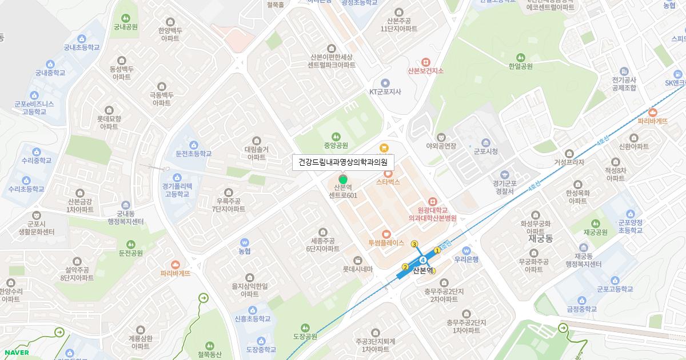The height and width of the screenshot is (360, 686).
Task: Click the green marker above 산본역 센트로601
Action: [x=343, y=181]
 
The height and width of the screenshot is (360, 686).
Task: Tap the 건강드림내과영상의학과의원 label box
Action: [x=343, y=163]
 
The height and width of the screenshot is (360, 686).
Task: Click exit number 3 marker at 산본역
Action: [x=414, y=243]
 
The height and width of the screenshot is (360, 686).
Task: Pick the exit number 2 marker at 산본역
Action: [x=405, y=267]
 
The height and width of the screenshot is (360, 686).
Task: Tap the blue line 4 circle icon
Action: [x=423, y=261]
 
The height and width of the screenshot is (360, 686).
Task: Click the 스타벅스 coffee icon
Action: [x=388, y=173]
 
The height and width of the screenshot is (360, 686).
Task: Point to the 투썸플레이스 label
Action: [x=386, y=243]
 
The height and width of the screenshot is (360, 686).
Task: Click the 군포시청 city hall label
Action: [x=486, y=151]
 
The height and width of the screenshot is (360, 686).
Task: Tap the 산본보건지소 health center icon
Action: [x=425, y=62]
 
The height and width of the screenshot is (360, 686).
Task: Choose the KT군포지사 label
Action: [x=385, y=91]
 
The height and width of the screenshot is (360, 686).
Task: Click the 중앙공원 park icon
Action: [x=336, y=137]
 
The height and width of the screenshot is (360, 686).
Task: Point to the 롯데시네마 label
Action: [x=357, y=269]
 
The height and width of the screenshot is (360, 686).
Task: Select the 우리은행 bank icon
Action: [x=466, y=250]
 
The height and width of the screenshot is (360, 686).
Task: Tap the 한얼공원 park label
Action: [x=520, y=66]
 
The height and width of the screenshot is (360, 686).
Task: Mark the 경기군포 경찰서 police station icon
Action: [x=504, y=174]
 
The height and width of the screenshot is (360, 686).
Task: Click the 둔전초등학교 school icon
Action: [x=194, y=145]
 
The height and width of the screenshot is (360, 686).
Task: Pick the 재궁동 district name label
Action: [x=539, y=237]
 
